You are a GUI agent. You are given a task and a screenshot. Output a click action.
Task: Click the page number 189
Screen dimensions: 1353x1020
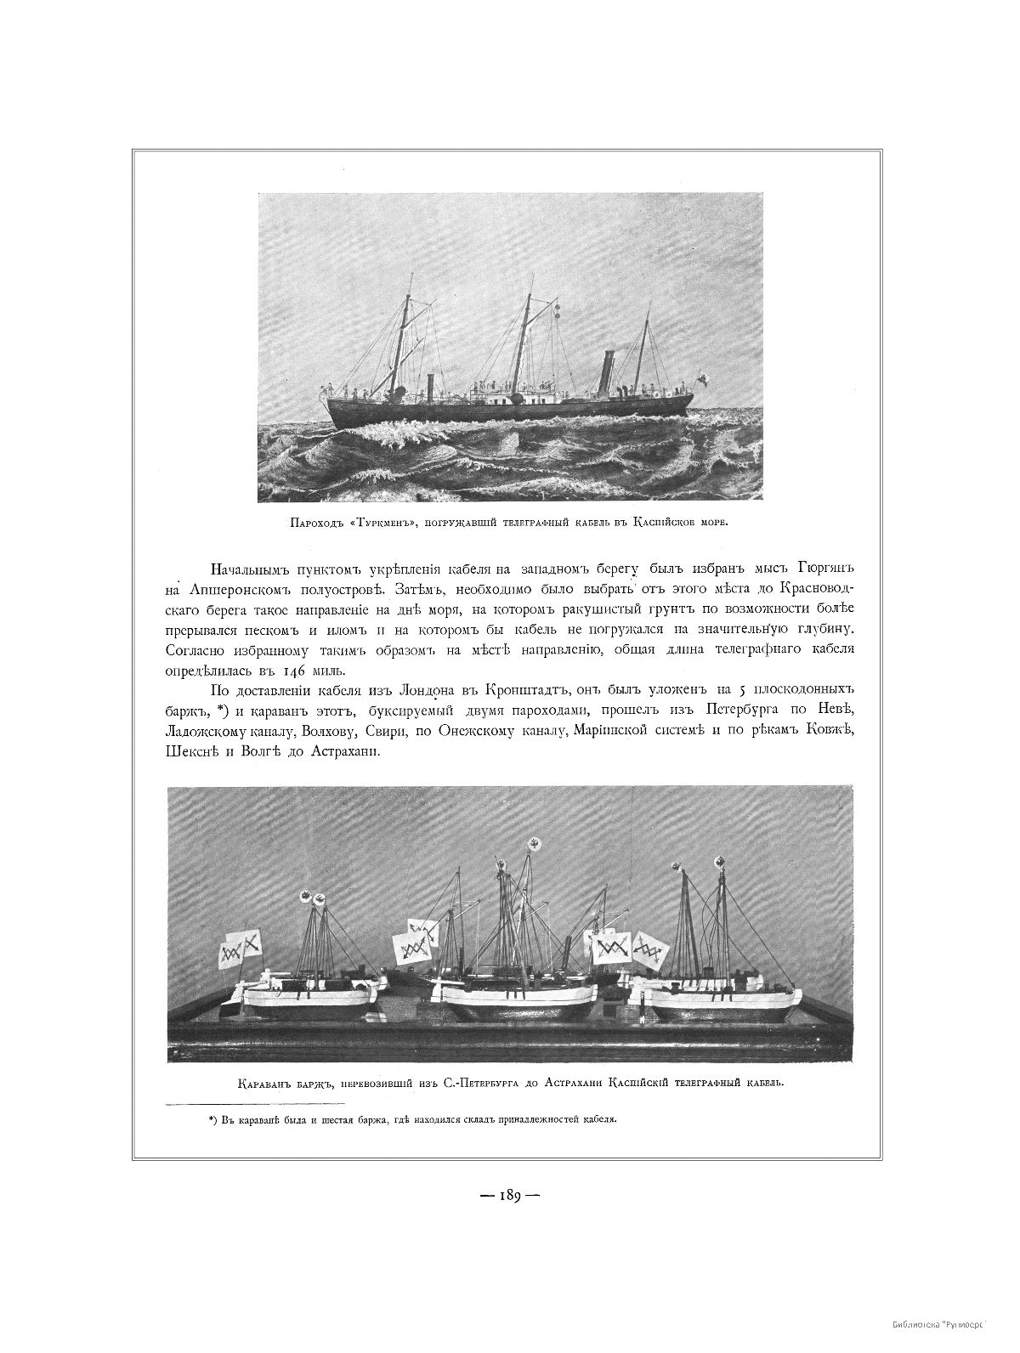pyautogui.click(x=510, y=1194)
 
